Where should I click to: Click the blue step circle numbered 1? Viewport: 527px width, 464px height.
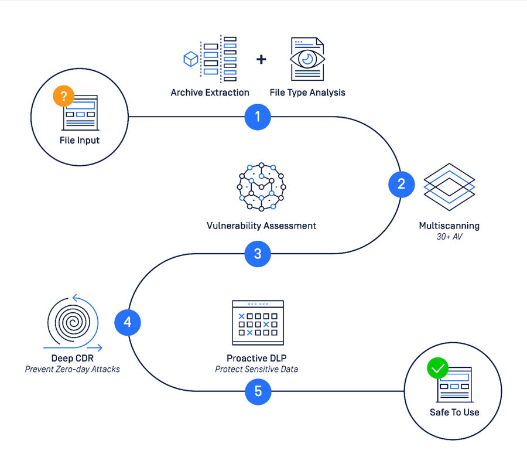click(x=258, y=117)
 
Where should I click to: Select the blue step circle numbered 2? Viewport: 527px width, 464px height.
click(x=401, y=185)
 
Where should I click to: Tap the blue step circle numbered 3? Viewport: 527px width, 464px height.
click(x=258, y=254)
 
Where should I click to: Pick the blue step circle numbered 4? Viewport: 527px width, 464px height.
click(x=128, y=322)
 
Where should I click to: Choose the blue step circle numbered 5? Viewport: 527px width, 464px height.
click(x=258, y=391)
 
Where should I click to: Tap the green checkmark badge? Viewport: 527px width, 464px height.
click(x=437, y=369)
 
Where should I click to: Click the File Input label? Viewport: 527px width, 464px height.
click(x=80, y=141)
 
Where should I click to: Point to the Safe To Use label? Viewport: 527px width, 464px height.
click(x=454, y=412)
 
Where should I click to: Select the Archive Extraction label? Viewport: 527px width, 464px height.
click(x=210, y=93)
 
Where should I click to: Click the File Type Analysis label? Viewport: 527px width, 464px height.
click(x=307, y=93)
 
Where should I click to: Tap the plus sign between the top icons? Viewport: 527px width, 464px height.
click(x=261, y=59)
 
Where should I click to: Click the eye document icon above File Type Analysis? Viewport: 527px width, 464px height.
click(x=307, y=59)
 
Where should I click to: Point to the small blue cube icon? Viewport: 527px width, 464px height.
click(x=191, y=59)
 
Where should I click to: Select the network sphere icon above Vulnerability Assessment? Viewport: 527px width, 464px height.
click(x=262, y=186)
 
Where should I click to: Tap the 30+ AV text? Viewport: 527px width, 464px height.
click(x=449, y=236)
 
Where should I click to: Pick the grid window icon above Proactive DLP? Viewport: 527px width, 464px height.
click(x=258, y=323)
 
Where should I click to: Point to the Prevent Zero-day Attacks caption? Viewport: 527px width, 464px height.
click(x=73, y=369)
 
